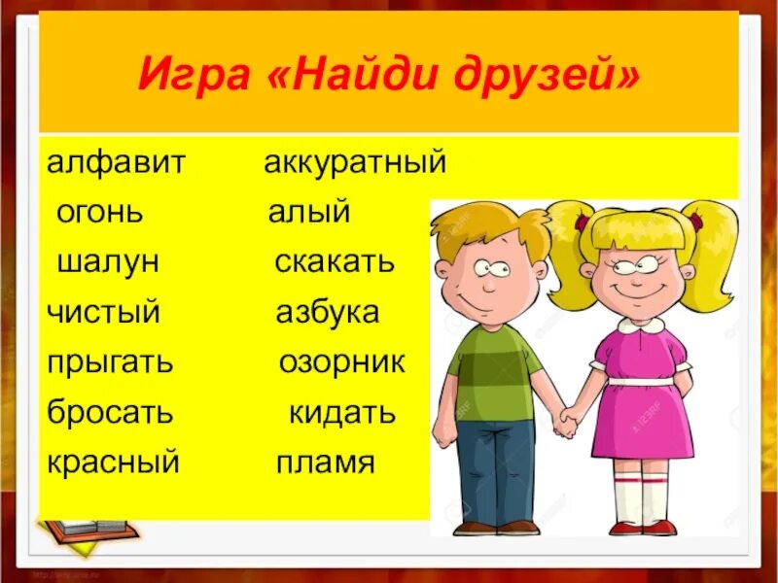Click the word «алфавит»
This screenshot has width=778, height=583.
click(116, 162)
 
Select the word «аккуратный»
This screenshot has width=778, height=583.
click(355, 163)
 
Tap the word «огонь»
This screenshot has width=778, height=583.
click(99, 212)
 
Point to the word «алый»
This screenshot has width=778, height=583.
click(308, 213)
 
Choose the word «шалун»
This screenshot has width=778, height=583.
click(108, 261)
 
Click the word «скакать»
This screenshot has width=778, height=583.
click(335, 261)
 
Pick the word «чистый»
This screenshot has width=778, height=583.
click(103, 312)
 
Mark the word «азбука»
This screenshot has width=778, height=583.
click(327, 312)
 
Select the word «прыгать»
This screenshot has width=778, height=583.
click(110, 362)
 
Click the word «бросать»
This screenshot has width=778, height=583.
click(110, 412)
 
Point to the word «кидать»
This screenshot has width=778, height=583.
click(342, 412)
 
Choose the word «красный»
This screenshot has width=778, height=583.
click(113, 462)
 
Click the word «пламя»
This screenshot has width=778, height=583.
click(325, 463)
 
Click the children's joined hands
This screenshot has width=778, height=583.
click(566, 422)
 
